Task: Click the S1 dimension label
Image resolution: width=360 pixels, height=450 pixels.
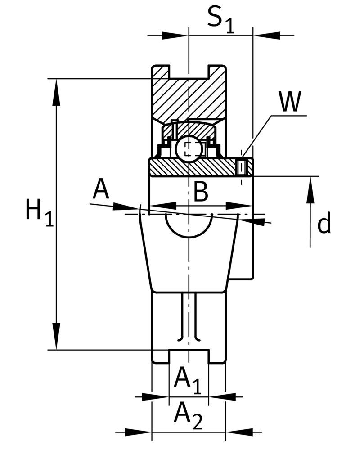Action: pos(220,19)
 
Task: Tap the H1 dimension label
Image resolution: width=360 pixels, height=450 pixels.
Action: pos(39,213)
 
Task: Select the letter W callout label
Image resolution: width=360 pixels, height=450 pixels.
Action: pos(290,101)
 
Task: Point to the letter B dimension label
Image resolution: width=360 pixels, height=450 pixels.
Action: pos(201,192)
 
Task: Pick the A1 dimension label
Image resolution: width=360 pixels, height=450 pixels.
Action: pos(187,380)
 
